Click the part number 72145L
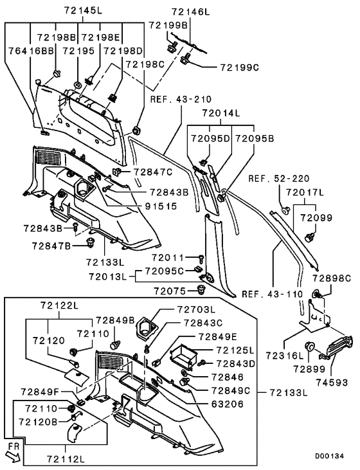[83, 11]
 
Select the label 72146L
[191, 12]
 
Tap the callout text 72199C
[240, 68]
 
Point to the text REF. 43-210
[181, 99]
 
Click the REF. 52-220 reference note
[279, 179]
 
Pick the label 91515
[161, 206]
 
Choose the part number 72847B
[51, 246]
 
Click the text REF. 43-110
[273, 294]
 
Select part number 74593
[332, 383]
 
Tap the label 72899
[309, 369]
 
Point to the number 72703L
[196, 309]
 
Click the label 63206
[228, 404]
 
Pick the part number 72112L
[66, 459]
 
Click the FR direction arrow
[14, 456]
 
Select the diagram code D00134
[329, 456]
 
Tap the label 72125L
[235, 350]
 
